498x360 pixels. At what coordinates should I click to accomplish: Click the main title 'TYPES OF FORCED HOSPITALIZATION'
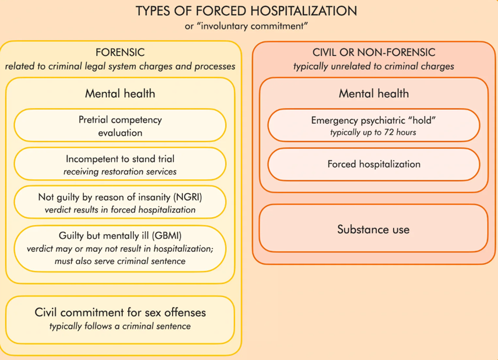pyautogui.click(x=246, y=11)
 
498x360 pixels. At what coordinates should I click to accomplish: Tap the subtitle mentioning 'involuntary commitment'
pyautogui.click(x=246, y=26)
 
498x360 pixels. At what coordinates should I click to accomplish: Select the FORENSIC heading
pyautogui.click(x=120, y=52)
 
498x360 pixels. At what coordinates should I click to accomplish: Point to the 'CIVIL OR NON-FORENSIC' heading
pyautogui.click(x=374, y=52)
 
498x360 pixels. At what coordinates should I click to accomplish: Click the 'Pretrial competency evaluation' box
pyautogui.click(x=120, y=125)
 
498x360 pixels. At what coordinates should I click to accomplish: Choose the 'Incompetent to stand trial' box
pyautogui.click(x=120, y=164)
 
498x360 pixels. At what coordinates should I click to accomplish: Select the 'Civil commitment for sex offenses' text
pyautogui.click(x=120, y=312)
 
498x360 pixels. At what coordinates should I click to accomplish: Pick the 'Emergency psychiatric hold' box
pyautogui.click(x=374, y=125)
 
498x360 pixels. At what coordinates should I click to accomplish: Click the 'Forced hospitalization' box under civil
pyautogui.click(x=374, y=165)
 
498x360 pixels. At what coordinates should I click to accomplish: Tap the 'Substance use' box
pyautogui.click(x=373, y=228)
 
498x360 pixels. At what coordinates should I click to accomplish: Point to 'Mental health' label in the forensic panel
pyautogui.click(x=120, y=93)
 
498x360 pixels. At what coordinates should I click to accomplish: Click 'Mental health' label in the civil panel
pyautogui.click(x=374, y=93)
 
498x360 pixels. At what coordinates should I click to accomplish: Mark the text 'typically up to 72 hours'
pyautogui.click(x=373, y=132)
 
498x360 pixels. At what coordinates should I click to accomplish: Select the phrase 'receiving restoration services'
pyautogui.click(x=120, y=172)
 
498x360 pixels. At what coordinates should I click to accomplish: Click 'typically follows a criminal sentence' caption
pyautogui.click(x=120, y=326)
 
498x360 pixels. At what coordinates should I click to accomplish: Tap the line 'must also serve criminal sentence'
pyautogui.click(x=120, y=261)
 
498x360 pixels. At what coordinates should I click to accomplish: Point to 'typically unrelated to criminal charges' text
pyautogui.click(x=374, y=67)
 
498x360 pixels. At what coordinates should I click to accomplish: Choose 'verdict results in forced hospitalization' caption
pyautogui.click(x=120, y=210)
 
